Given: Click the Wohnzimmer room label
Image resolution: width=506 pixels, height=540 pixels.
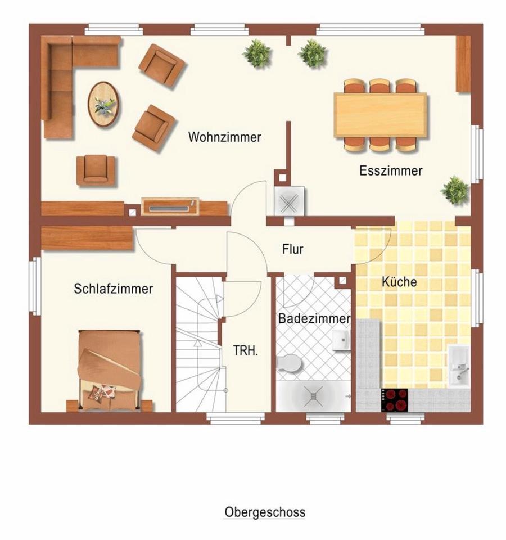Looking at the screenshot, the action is (x=224, y=137).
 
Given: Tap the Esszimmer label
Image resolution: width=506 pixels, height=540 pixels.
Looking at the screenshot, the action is (x=391, y=170).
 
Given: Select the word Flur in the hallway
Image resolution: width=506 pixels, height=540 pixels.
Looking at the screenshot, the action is (x=292, y=249).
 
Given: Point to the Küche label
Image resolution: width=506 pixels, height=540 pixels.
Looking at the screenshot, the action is (x=399, y=282).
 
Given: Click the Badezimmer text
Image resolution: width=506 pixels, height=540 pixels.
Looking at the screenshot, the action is (x=314, y=318).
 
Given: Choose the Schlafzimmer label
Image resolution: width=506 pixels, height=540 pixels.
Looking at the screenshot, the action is (x=113, y=289).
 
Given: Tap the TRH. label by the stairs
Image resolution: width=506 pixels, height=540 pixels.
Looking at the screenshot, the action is (x=246, y=350).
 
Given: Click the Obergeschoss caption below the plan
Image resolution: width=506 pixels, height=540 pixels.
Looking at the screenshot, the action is (x=265, y=512).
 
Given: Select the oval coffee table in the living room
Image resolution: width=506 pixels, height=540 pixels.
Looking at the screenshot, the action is (x=104, y=104).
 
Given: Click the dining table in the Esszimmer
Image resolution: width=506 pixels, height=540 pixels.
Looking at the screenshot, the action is (x=381, y=115).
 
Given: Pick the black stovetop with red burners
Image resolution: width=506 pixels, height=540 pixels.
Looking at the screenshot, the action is (x=394, y=399).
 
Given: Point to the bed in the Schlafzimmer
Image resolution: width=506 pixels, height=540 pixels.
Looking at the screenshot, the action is (x=110, y=371).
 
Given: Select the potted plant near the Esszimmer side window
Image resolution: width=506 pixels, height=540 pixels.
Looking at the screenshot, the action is (x=455, y=190).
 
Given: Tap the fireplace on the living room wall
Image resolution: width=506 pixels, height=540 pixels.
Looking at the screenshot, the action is (x=170, y=206).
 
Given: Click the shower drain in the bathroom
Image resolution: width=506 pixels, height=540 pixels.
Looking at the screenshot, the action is (x=313, y=397).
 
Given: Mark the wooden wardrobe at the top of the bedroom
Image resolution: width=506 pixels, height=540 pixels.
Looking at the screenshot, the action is (x=87, y=237).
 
